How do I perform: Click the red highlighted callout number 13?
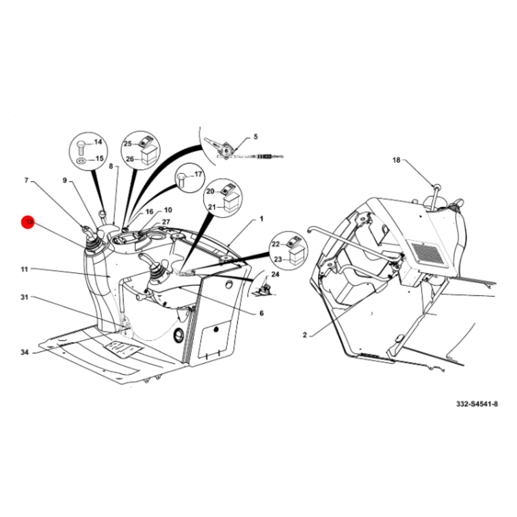28,222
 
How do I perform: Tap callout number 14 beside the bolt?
98,142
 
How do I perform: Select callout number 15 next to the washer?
99,158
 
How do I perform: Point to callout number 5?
255,137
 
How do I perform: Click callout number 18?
396,160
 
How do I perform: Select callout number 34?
25,352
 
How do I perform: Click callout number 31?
24,297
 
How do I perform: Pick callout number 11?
24,269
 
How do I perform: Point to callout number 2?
304,335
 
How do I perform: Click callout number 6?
262,313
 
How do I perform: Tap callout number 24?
275,274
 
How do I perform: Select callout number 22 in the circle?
276,244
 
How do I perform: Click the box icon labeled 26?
148,155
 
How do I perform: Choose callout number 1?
262,219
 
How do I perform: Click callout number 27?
166,222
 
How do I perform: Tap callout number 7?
26,180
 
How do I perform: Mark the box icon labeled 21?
231,203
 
